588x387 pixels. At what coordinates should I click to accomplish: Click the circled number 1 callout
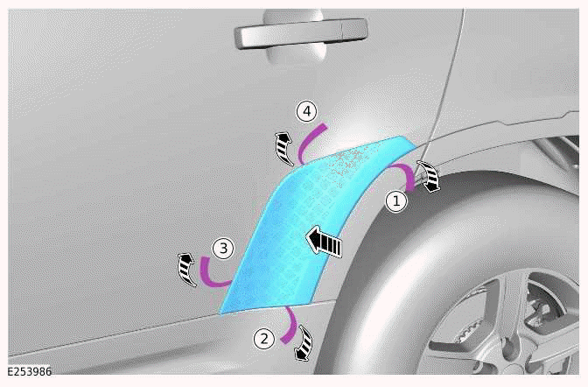tap(396, 202)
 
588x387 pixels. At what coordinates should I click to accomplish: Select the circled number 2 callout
tap(264, 339)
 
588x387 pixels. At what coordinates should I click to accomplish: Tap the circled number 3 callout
tap(223, 248)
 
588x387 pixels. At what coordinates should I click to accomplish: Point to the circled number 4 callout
tap(307, 111)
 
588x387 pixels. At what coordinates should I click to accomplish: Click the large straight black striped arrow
tap(324, 243)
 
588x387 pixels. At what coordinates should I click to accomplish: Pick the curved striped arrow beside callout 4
tap(283, 148)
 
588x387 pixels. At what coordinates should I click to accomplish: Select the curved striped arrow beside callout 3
tap(186, 270)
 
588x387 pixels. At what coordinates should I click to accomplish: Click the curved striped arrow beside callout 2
tap(305, 343)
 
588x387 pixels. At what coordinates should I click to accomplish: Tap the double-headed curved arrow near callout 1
tap(429, 176)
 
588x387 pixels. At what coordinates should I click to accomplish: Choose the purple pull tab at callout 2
tap(291, 325)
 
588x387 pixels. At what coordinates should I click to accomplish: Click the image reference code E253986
tap(30, 371)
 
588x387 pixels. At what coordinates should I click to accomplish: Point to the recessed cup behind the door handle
tap(294, 36)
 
